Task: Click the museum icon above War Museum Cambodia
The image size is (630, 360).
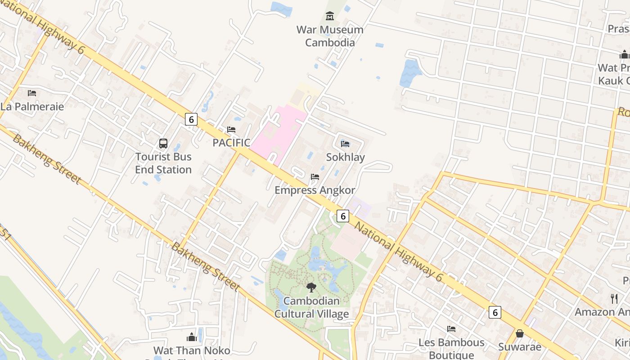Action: pyautogui.click(x=330, y=16)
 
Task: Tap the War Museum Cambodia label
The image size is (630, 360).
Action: pyautogui.click(x=330, y=36)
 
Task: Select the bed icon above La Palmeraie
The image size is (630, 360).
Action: pyautogui.click(x=32, y=93)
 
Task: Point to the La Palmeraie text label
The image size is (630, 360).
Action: pyautogui.click(x=32, y=107)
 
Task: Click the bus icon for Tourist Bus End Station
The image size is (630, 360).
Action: pyautogui.click(x=163, y=144)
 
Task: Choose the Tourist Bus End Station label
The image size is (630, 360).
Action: pyautogui.click(x=163, y=163)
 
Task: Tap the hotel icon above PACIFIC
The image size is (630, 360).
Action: pyautogui.click(x=231, y=130)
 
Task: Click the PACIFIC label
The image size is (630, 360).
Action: pyautogui.click(x=231, y=143)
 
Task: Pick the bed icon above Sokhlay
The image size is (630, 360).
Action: pyautogui.click(x=345, y=144)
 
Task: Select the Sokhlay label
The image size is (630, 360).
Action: pyautogui.click(x=345, y=157)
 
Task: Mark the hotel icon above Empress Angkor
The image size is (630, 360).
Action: pyautogui.click(x=315, y=177)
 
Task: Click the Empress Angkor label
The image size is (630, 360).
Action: pyautogui.click(x=315, y=190)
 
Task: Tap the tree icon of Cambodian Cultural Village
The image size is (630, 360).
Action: pyautogui.click(x=311, y=288)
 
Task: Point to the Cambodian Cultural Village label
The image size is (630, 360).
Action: pyautogui.click(x=311, y=307)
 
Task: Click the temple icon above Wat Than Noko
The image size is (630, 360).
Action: pyautogui.click(x=192, y=337)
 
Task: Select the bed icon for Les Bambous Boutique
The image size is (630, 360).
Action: pyautogui.click(x=451, y=329)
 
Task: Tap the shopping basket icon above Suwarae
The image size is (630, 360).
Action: pyautogui.click(x=520, y=333)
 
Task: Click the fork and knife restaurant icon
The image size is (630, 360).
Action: pyautogui.click(x=614, y=298)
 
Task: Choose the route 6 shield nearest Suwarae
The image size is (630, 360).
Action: pyautogui.click(x=495, y=312)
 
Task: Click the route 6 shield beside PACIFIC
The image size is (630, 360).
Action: pyautogui.click(x=191, y=119)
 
